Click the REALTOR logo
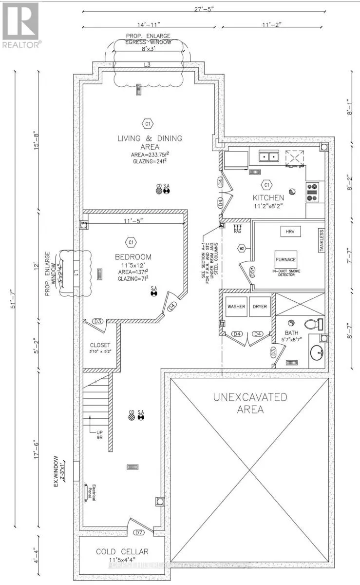click(20, 24)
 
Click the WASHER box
click(236, 307)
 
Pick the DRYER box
click(260, 307)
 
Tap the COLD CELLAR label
click(122, 551)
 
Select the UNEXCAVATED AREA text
click(250, 403)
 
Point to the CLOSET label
click(99, 345)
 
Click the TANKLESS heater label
click(322, 241)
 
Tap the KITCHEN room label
click(267, 198)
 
